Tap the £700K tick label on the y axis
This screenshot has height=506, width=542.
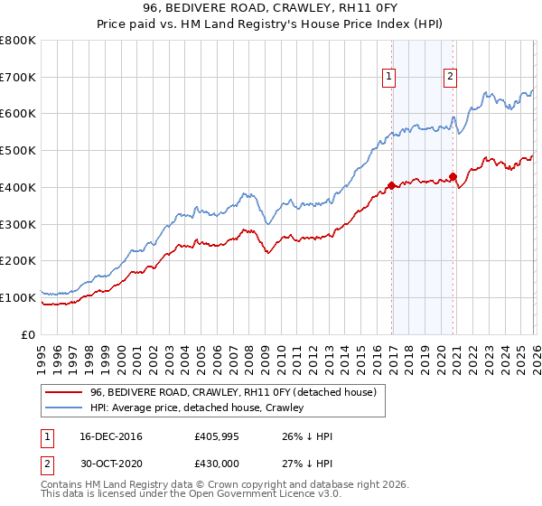coord(18,78)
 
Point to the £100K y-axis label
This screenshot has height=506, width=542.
coord(18,297)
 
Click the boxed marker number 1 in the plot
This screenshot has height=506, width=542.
coord(389,78)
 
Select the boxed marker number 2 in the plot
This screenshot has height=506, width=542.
coord(450,78)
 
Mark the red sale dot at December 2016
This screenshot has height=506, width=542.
coord(391,185)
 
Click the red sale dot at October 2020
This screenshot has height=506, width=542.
coord(453,176)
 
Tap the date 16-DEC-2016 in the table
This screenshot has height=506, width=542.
coord(110,436)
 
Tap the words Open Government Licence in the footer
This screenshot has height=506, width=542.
coord(249,495)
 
